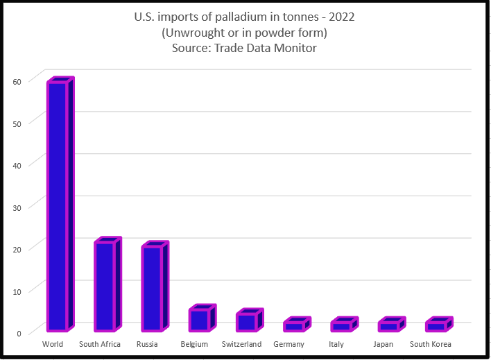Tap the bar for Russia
153,287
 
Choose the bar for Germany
295,325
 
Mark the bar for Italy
342,325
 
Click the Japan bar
389,325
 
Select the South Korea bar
437,325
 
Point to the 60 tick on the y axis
17,80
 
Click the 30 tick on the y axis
17,207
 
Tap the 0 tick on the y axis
19,332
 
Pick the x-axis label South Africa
100,345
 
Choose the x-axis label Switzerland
241,345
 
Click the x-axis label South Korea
431,345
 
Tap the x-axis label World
53,345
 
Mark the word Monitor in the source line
295,48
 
